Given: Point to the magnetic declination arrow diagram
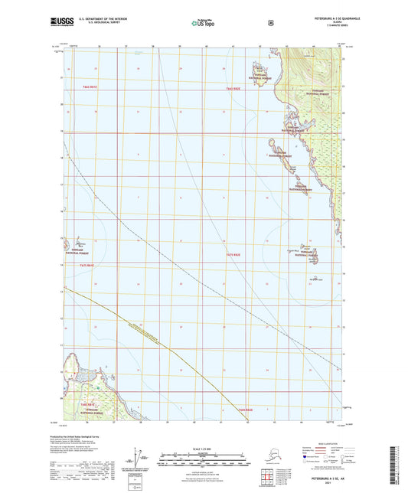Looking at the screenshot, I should click(139, 459).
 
